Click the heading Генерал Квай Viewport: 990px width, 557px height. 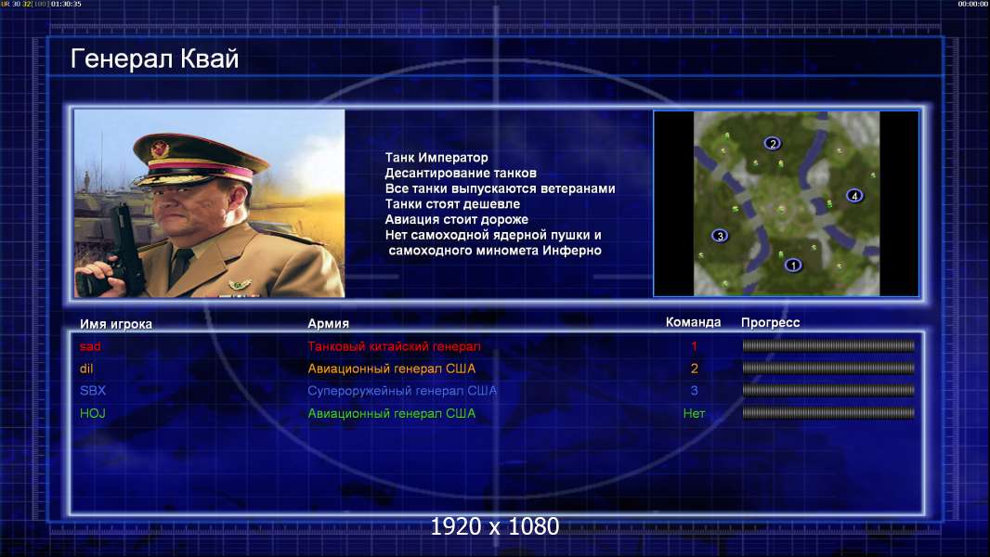(155, 58)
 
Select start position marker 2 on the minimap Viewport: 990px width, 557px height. (772, 143)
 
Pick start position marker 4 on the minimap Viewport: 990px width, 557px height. (854, 196)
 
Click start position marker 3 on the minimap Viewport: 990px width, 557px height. (720, 236)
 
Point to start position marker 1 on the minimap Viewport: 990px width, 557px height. (793, 265)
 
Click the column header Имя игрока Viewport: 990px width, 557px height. (115, 324)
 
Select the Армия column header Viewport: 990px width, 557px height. (329, 323)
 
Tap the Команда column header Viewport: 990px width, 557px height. (693, 322)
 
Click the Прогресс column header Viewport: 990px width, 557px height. (770, 322)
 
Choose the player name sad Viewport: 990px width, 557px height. (90, 346)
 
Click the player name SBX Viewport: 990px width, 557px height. (93, 391)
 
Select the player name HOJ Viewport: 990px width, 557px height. (92, 413)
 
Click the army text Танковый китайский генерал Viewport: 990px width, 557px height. (394, 346)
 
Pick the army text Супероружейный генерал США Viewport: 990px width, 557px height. (402, 391)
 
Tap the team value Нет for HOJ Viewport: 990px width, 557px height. (694, 413)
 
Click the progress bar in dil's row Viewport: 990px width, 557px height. (828, 368)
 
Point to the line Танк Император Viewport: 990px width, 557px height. (436, 158)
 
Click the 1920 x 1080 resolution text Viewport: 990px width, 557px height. (495, 526)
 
